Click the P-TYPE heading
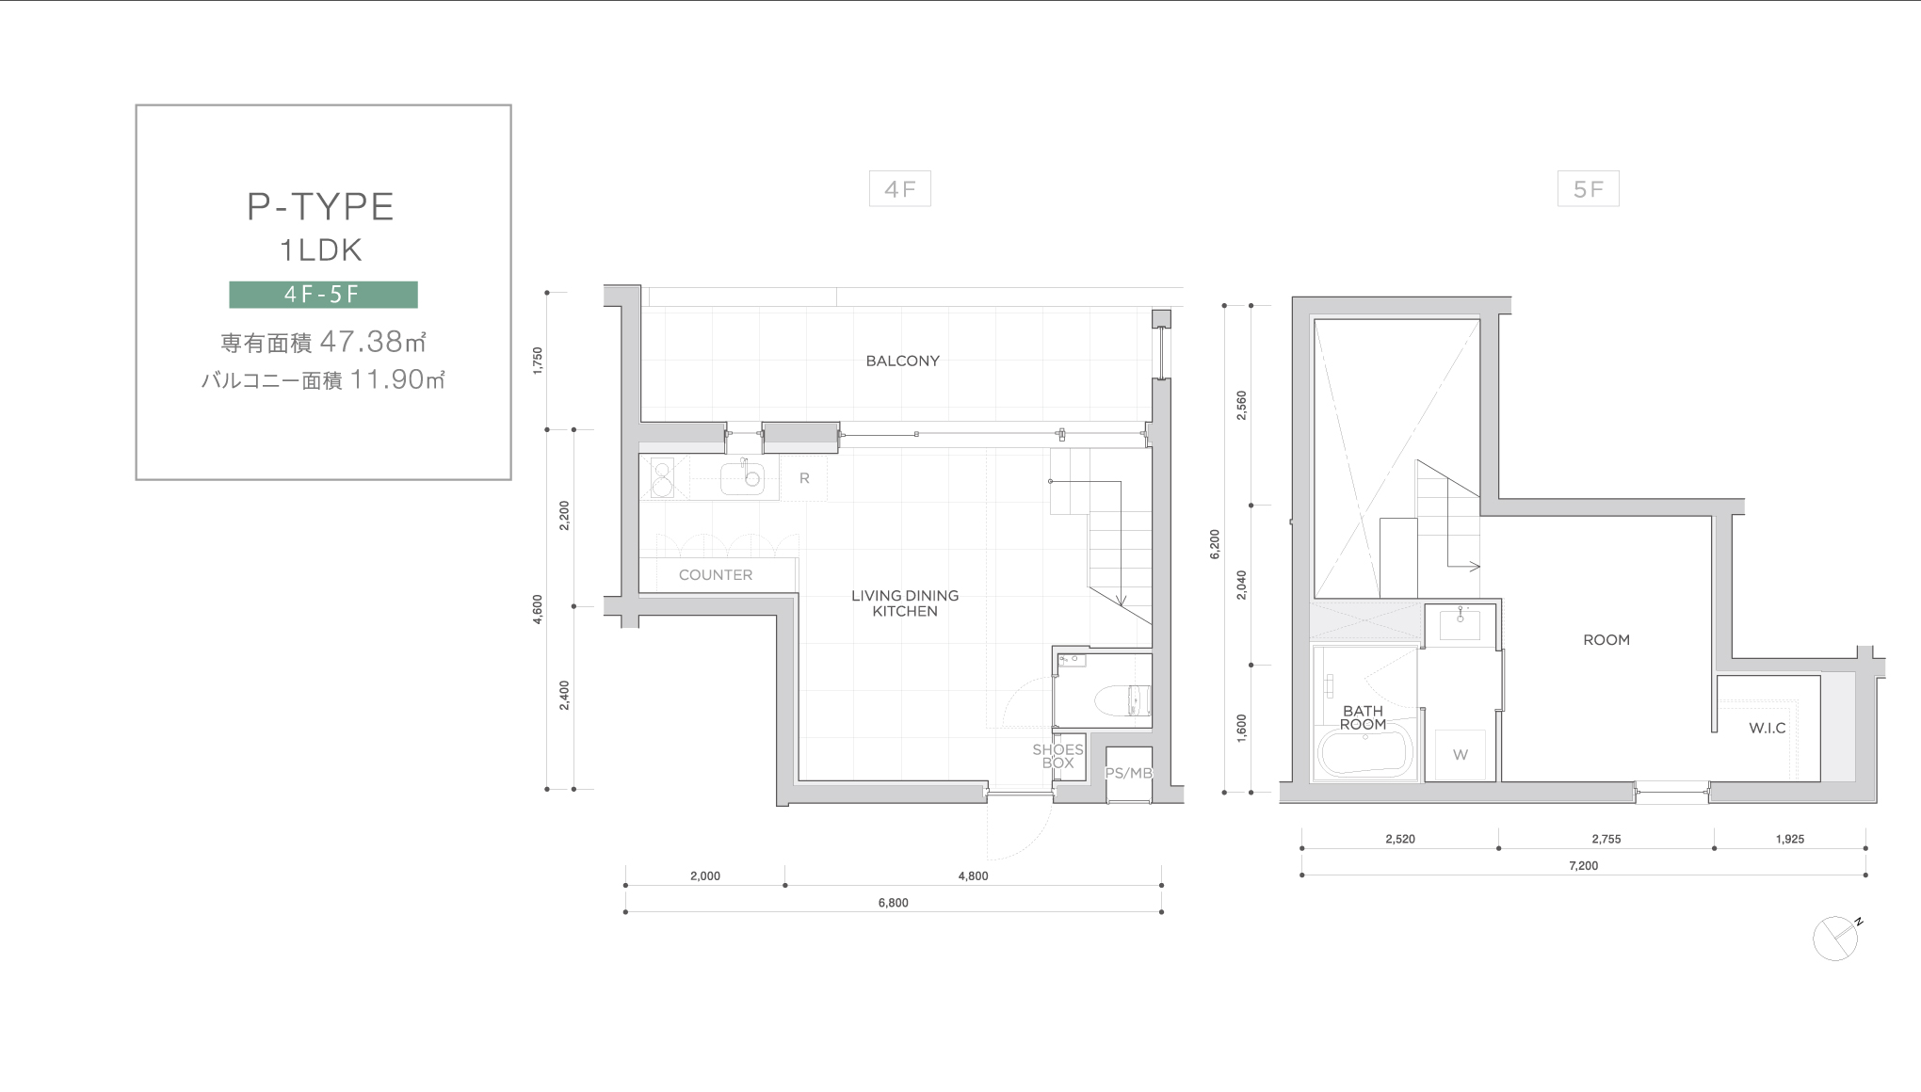click(320, 207)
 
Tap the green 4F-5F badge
click(323, 295)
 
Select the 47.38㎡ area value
click(374, 341)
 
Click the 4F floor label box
click(900, 189)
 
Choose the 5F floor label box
click(1588, 189)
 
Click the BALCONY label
click(903, 361)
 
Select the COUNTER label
click(716, 575)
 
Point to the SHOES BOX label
click(1057, 756)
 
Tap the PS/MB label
click(1128, 773)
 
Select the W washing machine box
click(1461, 755)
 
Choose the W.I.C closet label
click(1767, 728)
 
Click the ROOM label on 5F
click(1606, 640)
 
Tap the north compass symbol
click(1836, 938)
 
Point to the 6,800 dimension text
click(893, 903)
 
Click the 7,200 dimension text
click(1583, 865)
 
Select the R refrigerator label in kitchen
click(804, 478)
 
